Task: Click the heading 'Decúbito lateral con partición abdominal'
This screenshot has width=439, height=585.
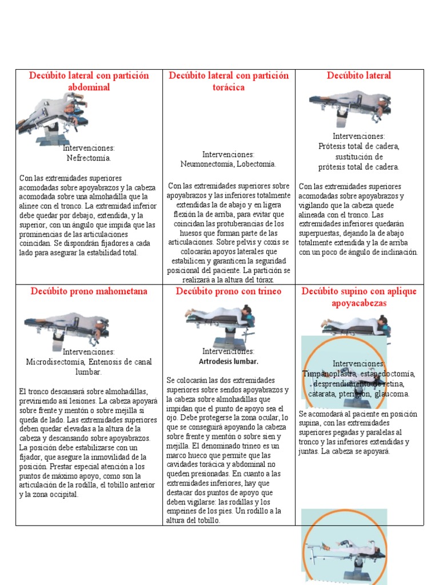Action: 89,81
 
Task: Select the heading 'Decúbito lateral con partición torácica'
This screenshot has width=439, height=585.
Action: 228,81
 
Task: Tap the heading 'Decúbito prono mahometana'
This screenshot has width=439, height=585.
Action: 89,291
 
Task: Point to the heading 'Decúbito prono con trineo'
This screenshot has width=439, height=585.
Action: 229,291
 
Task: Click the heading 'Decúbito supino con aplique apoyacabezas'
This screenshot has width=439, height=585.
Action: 360,297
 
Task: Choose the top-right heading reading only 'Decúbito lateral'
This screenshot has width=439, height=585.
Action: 359,75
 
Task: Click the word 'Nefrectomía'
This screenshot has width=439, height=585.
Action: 88,158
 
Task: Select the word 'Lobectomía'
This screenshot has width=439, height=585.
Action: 257,164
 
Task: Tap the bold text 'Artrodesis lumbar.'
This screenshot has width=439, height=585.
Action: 229,362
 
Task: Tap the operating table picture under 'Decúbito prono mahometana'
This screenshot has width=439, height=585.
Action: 66,328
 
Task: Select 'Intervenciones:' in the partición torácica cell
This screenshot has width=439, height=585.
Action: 228,154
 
